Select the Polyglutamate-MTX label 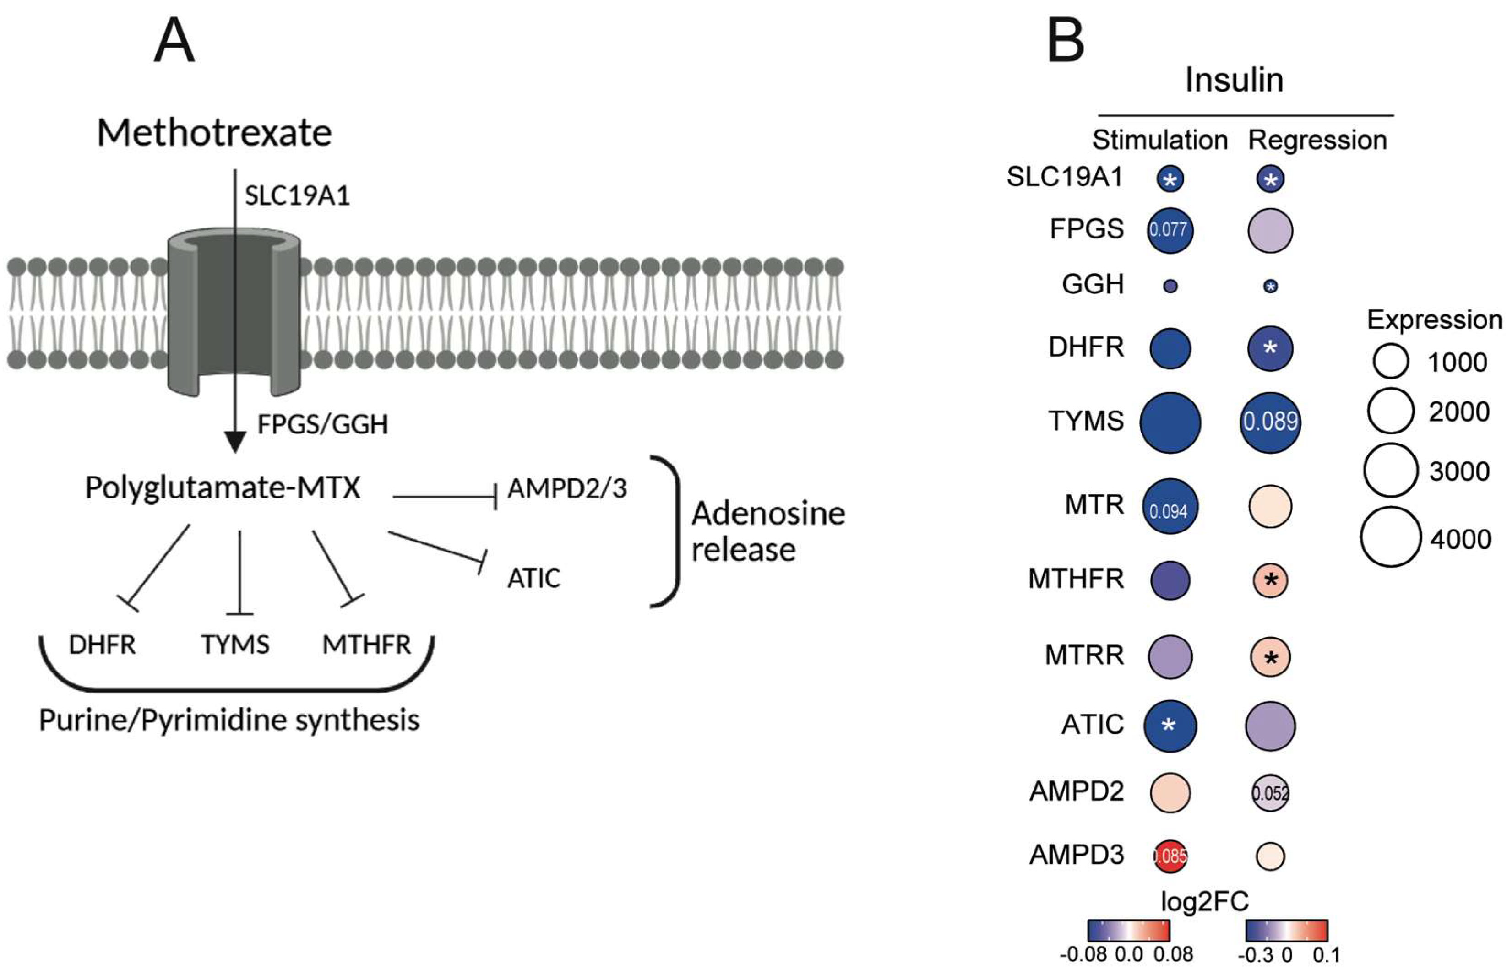pos(223,488)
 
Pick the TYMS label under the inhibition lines pos(235,645)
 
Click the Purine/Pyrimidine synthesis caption pos(229,720)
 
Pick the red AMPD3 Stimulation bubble pos(1170,856)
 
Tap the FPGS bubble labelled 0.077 pos(1170,229)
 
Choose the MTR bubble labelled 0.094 pos(1170,506)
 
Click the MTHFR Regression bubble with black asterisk pos(1270,580)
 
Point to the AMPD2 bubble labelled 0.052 pos(1270,793)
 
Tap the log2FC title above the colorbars pos(1204,901)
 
